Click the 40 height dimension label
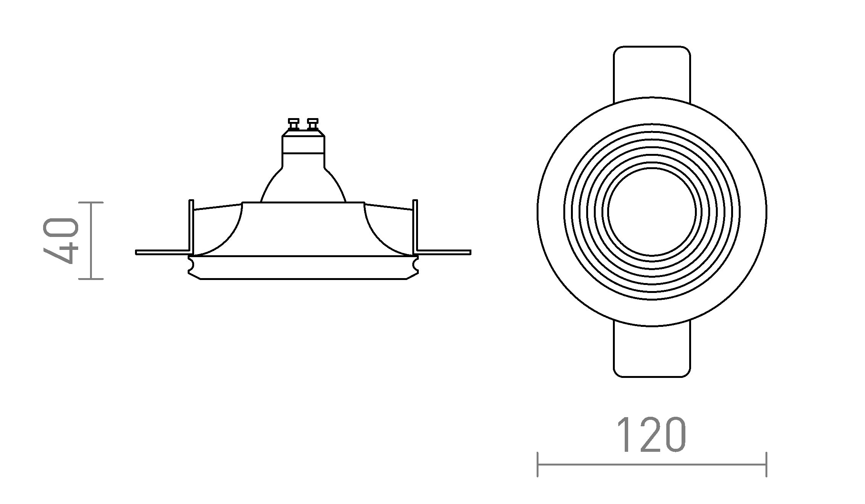tap(61, 241)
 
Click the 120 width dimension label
tap(651, 435)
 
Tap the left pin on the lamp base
tap(294, 124)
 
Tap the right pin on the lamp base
tap(313, 124)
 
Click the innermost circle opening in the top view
tap(652, 212)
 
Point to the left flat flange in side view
tap(162, 252)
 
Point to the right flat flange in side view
tap(444, 252)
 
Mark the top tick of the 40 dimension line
tap(91, 203)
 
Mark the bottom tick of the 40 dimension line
tap(91, 279)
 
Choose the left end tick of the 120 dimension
tap(537, 464)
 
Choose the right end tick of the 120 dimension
tap(766, 464)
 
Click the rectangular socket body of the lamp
tap(303, 145)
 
